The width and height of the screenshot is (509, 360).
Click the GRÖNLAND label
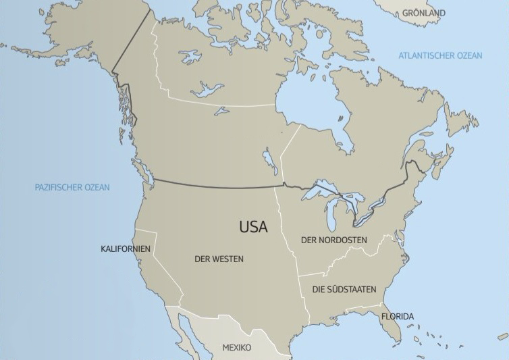coord(423,13)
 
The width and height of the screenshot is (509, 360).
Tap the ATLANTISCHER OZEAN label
coord(440,55)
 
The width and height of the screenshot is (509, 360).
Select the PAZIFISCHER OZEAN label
coord(72,187)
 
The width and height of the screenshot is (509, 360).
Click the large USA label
coord(253,227)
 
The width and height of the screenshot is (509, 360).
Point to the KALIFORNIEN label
coord(125,249)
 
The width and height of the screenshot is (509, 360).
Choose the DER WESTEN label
coord(219,259)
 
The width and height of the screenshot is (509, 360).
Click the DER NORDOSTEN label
coord(333,240)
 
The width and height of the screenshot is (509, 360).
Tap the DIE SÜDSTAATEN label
coord(344,289)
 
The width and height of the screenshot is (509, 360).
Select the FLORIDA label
coord(398,316)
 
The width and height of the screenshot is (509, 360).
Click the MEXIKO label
coord(236,348)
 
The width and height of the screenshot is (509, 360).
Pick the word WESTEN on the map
coord(227,259)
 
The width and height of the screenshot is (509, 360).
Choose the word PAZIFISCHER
coord(57,187)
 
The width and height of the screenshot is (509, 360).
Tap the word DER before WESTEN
coord(202,259)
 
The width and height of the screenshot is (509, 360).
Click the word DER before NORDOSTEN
coord(309,240)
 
